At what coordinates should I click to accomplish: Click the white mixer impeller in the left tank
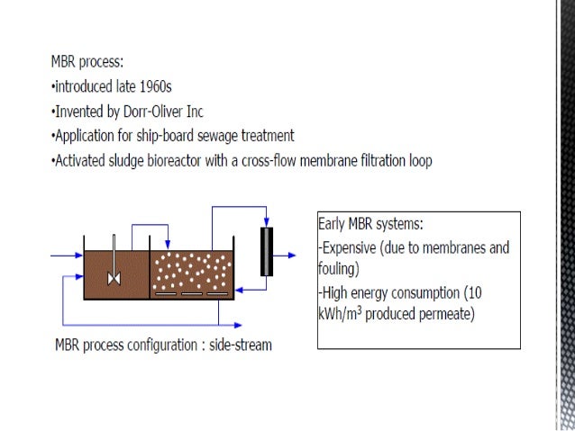[114, 277]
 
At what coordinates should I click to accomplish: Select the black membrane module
[265, 252]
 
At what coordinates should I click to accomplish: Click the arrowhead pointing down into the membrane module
[265, 223]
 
